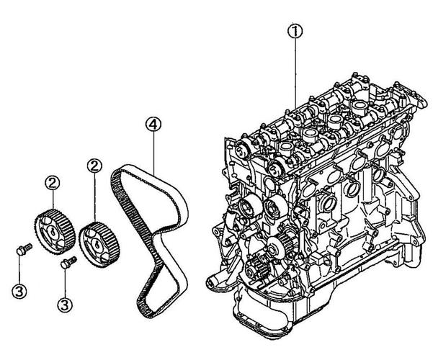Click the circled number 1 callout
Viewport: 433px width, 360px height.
295,31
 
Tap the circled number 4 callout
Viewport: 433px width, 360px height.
153,125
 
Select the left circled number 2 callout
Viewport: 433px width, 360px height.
53,183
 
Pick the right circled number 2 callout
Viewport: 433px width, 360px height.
94,166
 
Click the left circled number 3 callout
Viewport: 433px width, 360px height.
19,291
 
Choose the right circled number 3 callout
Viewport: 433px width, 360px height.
65,305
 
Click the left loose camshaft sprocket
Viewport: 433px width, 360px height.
55,232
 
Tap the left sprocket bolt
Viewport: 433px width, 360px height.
24,249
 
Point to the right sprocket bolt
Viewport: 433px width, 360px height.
68,262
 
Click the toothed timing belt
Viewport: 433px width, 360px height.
150,240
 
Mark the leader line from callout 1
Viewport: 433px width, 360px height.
295,73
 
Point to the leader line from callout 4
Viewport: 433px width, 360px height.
153,153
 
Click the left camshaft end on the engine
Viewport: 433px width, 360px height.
242,150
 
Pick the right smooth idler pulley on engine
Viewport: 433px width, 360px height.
275,207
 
